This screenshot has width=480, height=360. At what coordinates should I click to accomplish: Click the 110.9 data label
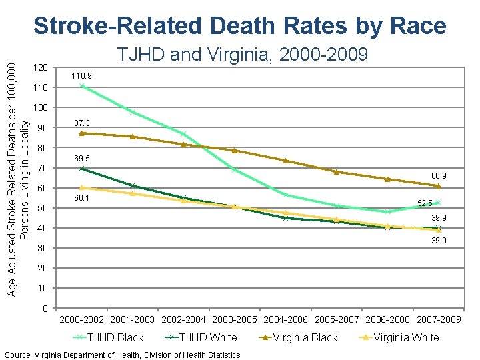pos(81,77)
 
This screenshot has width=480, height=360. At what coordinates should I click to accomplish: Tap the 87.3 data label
pos(81,123)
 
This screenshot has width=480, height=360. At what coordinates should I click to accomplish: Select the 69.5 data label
pos(81,159)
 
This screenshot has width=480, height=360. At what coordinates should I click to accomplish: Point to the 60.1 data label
pos(81,198)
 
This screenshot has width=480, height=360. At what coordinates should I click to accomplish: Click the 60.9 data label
pos(438,176)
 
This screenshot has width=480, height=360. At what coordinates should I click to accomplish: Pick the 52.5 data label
pos(425,203)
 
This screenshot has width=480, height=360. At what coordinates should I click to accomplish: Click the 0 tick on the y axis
pos(44,309)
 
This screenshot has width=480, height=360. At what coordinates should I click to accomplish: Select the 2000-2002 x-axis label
pos(82,319)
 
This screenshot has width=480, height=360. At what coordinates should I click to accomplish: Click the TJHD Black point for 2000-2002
pos(81,85)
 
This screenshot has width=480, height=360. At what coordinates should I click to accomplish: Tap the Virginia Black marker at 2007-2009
pos(438,185)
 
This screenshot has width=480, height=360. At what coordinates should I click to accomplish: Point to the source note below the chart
pos(122,355)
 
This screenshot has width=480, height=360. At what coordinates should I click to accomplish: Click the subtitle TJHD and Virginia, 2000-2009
pos(242,55)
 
